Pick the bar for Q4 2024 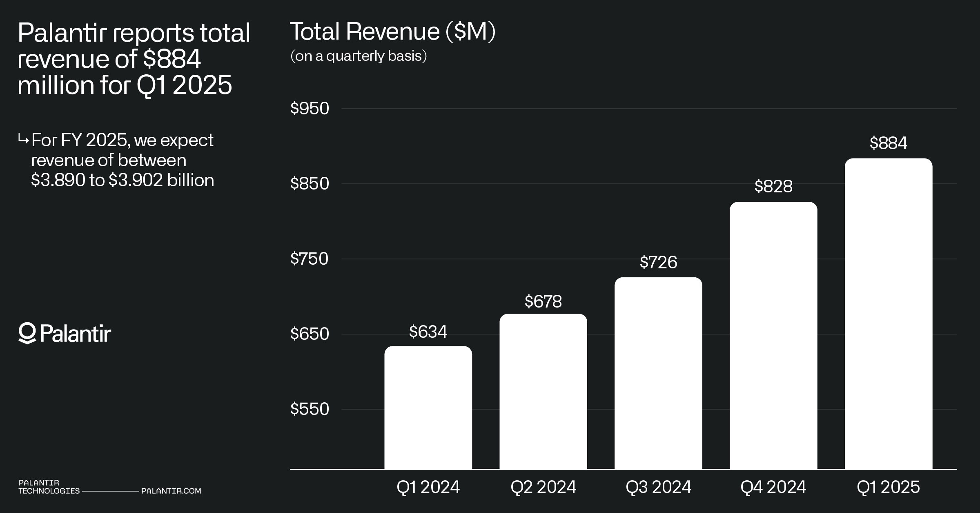(x=773, y=335)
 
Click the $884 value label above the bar (x=889, y=143)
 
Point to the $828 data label (x=773, y=186)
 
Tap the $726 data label (x=658, y=262)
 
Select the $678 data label (x=543, y=301)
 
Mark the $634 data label (x=428, y=332)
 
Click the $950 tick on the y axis (x=310, y=109)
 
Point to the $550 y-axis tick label (x=310, y=409)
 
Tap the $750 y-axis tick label (x=310, y=259)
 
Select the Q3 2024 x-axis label (x=658, y=487)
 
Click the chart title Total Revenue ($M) (x=392, y=32)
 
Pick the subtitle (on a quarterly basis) (x=359, y=56)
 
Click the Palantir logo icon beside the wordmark (x=27, y=333)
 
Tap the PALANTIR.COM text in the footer (x=171, y=491)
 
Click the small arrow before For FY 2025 (x=23, y=140)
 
